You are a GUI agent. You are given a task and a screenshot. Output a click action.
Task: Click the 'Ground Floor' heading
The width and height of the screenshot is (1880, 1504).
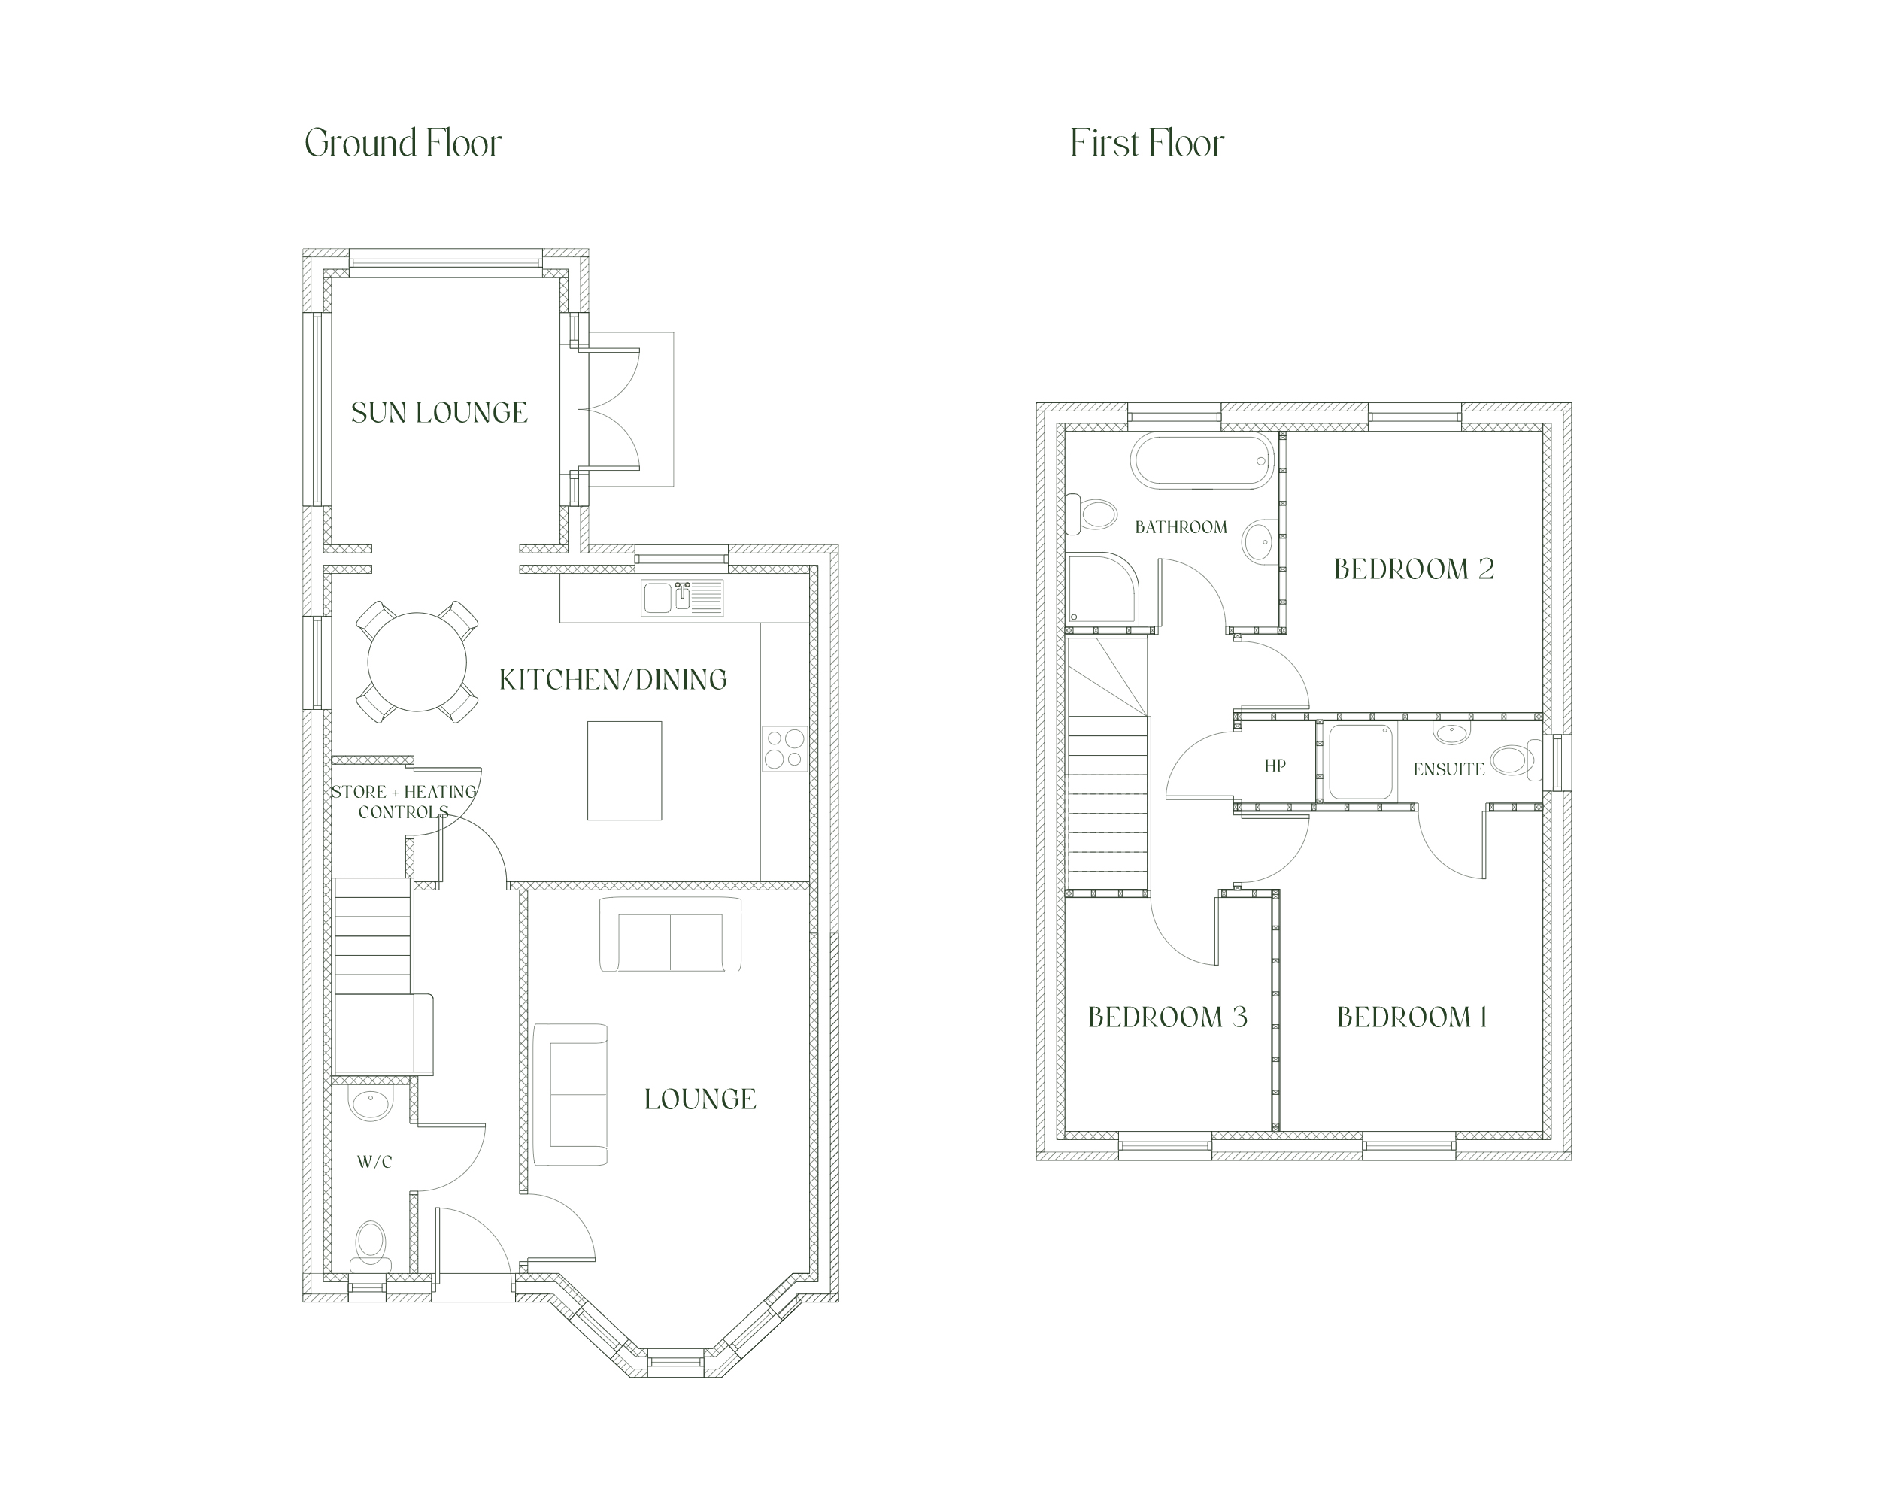point(403,144)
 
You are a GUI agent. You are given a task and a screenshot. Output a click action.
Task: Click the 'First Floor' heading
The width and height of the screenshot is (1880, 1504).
point(1147,144)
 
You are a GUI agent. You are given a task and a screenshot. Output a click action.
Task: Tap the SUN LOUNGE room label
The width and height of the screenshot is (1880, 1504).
point(439,412)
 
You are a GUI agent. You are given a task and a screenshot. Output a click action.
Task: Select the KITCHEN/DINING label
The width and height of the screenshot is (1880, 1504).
point(613,679)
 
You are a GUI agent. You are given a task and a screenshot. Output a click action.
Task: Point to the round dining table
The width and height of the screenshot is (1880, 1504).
point(417,662)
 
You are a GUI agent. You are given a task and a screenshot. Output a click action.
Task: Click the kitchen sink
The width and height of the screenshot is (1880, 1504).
point(682,598)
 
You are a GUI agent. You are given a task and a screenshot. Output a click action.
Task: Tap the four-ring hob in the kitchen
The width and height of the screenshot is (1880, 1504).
point(785,749)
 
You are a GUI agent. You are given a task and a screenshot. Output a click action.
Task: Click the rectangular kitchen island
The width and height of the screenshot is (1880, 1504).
point(624,771)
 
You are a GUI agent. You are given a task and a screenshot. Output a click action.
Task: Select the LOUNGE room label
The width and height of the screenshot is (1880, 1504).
point(700,1099)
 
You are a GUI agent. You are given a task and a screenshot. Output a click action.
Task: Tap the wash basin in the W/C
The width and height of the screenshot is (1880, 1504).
point(371,1103)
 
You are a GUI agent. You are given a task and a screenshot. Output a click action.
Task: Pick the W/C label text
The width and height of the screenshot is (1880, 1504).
point(375,1163)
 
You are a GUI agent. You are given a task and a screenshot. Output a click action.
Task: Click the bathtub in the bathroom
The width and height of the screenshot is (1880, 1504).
point(1202,460)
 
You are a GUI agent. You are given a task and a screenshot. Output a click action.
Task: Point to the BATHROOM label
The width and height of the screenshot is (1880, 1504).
point(1181,527)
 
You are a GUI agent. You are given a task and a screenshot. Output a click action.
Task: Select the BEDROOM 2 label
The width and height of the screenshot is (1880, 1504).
point(1415,569)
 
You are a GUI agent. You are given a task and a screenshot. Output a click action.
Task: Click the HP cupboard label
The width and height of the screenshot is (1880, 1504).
point(1275,766)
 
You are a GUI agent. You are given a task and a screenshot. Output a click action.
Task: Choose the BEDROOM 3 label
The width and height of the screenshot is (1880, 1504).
point(1168,1017)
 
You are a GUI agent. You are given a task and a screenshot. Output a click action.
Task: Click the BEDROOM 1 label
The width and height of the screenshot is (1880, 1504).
point(1412,1017)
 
